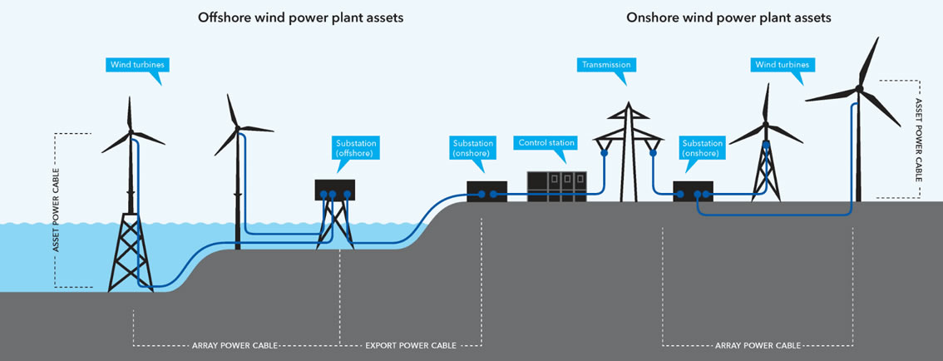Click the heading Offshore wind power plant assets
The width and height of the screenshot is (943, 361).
pyautogui.click(x=300, y=17)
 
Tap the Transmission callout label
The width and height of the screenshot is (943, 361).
pyautogui.click(x=605, y=65)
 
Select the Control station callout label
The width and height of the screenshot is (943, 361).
pyautogui.click(x=546, y=143)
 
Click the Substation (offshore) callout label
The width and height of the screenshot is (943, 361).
pyautogui.click(x=356, y=148)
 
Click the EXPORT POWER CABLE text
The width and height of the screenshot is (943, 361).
pyautogui.click(x=410, y=344)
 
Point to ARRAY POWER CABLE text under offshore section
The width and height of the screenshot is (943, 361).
pyautogui.click(x=235, y=344)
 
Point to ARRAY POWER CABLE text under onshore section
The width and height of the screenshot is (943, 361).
pyautogui.click(x=758, y=344)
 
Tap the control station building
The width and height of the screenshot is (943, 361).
pyautogui.click(x=556, y=186)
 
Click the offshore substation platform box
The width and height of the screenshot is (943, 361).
pyautogui.click(x=335, y=190)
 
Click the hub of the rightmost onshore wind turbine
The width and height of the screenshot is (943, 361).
pyautogui.click(x=858, y=87)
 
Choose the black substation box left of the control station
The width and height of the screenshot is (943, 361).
pyautogui.click(x=486, y=191)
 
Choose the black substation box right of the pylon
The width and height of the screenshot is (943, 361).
pyautogui.click(x=694, y=191)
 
